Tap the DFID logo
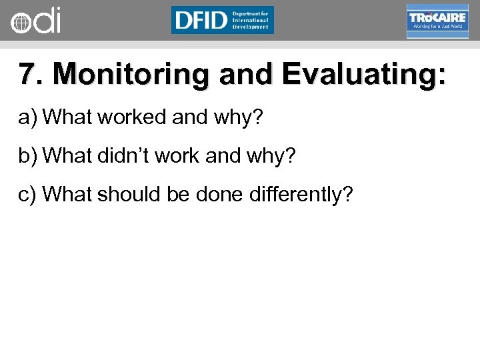pos(222,20)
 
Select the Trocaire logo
pos(437,21)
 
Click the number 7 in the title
pos(26,75)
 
